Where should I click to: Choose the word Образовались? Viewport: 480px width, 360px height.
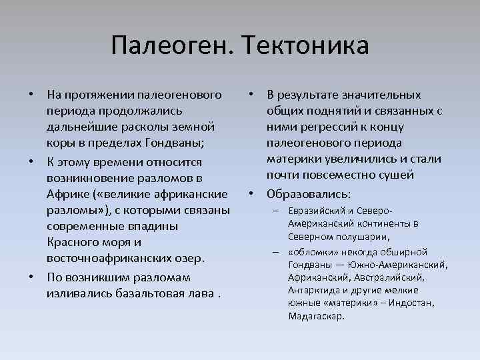(x=308, y=194)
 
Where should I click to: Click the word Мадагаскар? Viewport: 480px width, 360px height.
(x=317, y=315)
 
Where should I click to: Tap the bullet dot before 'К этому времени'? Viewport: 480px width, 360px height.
(x=31, y=162)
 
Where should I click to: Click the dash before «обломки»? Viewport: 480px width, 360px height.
(x=275, y=252)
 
